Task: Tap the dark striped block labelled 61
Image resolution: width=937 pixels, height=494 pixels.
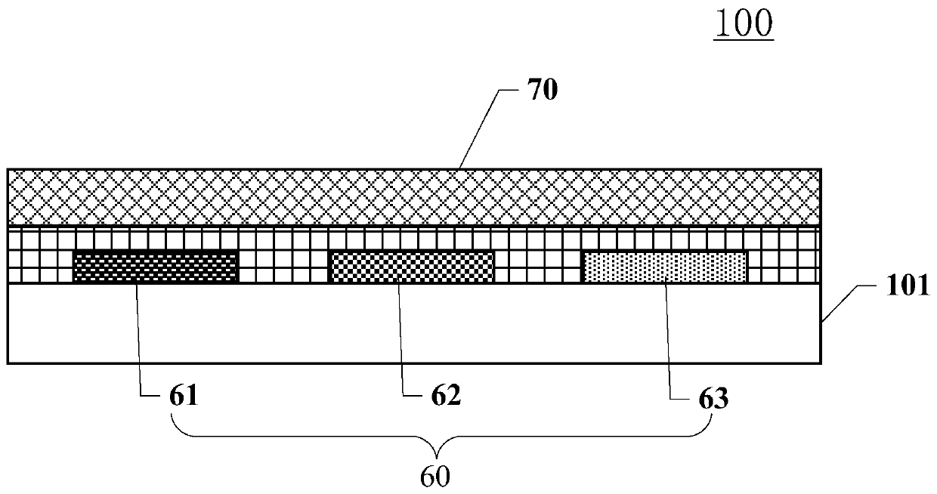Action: [155, 267]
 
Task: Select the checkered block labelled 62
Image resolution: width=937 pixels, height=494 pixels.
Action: [413, 267]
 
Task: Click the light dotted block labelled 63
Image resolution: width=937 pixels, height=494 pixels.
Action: [665, 267]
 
